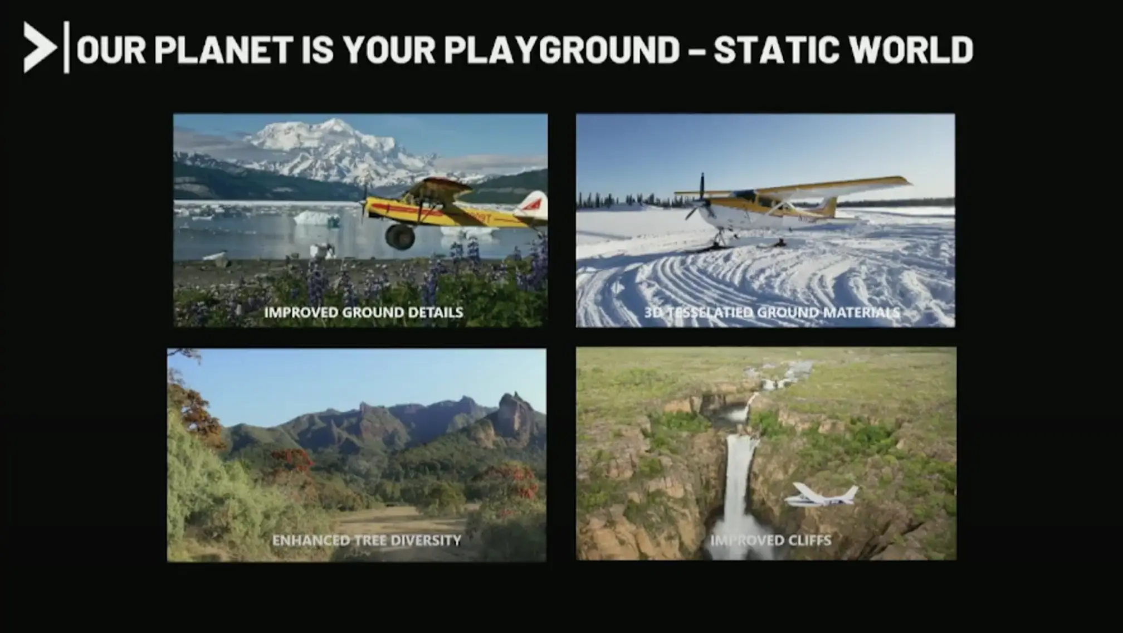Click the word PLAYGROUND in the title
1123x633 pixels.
[562, 50]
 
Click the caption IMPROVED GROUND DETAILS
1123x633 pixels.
[364, 313]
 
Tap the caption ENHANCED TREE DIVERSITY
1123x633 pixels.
[367, 541]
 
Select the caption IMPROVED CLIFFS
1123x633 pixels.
[771, 541]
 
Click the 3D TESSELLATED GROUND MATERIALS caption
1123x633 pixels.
[772, 313]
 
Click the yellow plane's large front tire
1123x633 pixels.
[400, 236]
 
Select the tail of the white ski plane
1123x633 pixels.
[826, 208]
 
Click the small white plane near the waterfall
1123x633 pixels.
[821, 495]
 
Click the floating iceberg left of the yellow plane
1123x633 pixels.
[316, 217]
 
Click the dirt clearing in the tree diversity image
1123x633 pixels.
[390, 521]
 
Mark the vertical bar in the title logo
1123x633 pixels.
[67, 47]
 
